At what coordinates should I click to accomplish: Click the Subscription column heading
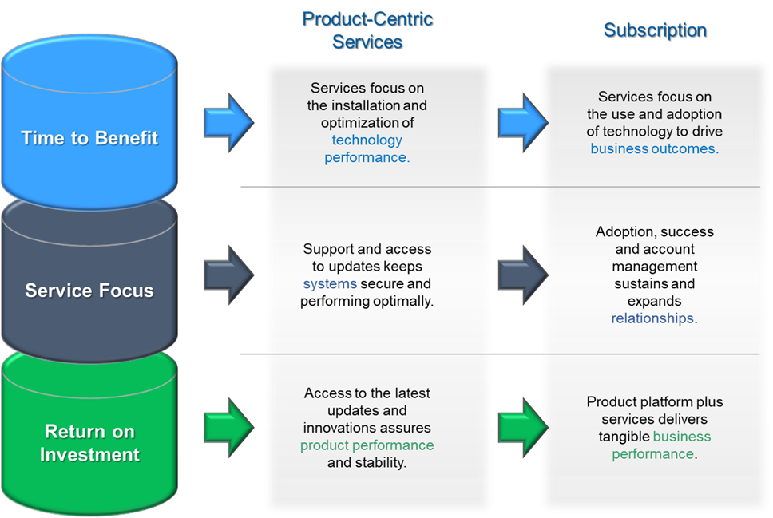pyautogui.click(x=654, y=30)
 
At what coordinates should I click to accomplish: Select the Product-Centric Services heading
pyautogui.click(x=367, y=30)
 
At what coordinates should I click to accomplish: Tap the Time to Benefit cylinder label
pyautogui.click(x=89, y=138)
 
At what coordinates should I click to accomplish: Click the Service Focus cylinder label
pyautogui.click(x=89, y=291)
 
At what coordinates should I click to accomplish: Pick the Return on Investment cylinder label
pyautogui.click(x=89, y=443)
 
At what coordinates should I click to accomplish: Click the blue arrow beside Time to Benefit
pyautogui.click(x=228, y=122)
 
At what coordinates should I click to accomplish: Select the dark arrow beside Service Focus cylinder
pyautogui.click(x=228, y=275)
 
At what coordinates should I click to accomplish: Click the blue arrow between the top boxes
pyautogui.click(x=522, y=122)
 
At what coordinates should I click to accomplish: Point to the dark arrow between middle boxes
pyautogui.click(x=522, y=275)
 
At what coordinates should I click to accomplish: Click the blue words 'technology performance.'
pyautogui.click(x=367, y=148)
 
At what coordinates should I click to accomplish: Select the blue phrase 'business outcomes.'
pyautogui.click(x=654, y=149)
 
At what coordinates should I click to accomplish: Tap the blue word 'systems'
pyautogui.click(x=330, y=284)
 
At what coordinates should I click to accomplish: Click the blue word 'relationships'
pyautogui.click(x=652, y=318)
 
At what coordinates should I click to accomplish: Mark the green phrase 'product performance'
pyautogui.click(x=367, y=445)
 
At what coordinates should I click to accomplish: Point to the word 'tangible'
pyautogui.click(x=624, y=437)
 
